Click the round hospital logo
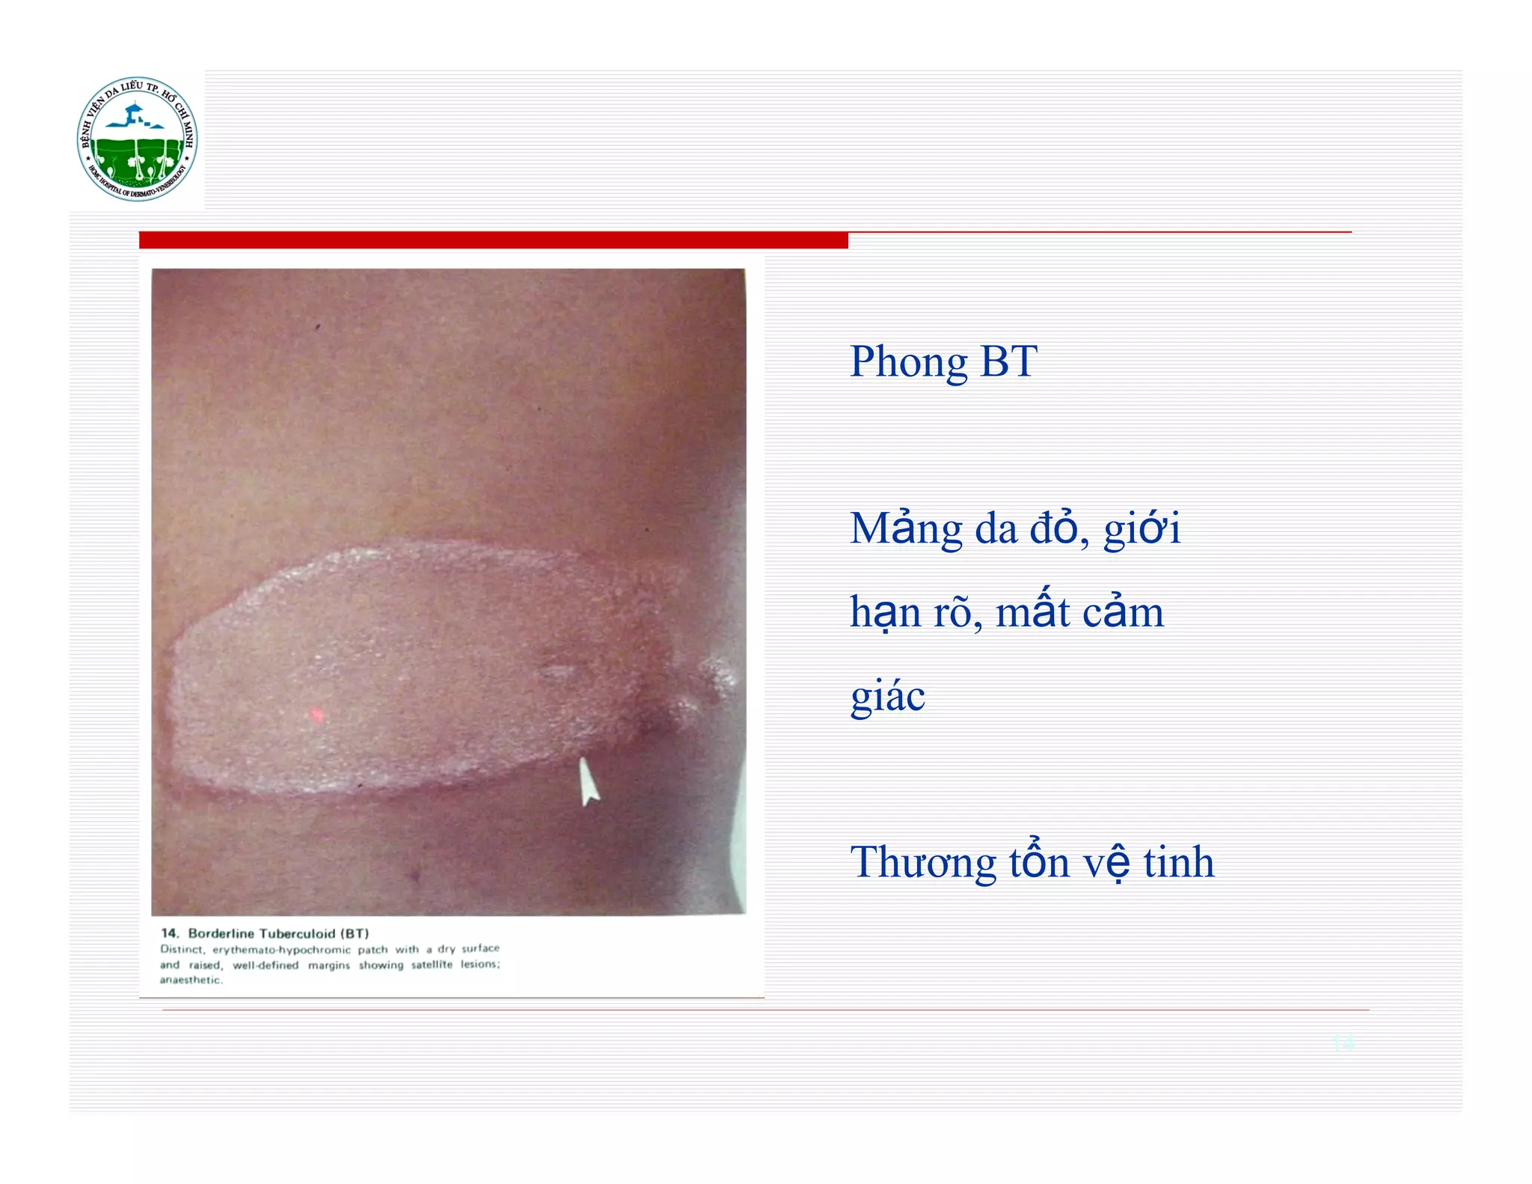pos(138,139)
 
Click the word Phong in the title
pos(908,361)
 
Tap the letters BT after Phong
pos(1008,361)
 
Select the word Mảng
pos(906,529)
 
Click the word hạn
pos(885,612)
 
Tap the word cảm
pos(1123,612)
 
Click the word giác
pos(888,696)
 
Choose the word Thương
pos(922,862)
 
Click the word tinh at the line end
pos(1178,862)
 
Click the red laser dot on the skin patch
pos(316,715)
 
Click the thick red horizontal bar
pos(493,240)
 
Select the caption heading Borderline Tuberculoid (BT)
pos(278,933)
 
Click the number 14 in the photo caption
pos(170,933)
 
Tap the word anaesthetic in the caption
pos(191,980)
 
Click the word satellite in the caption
pos(432,965)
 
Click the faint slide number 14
pos(1343,1042)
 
